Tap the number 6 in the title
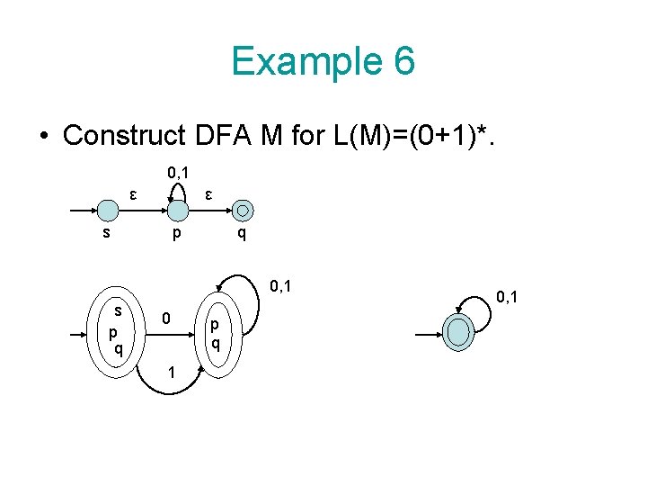(x=403, y=61)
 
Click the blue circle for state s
(x=108, y=211)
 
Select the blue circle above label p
(x=179, y=211)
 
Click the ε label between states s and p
(x=133, y=193)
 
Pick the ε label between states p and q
(x=208, y=193)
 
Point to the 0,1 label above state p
(x=178, y=172)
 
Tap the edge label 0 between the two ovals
(x=166, y=319)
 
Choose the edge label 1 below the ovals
(x=169, y=373)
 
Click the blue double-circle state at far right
(x=458, y=333)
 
